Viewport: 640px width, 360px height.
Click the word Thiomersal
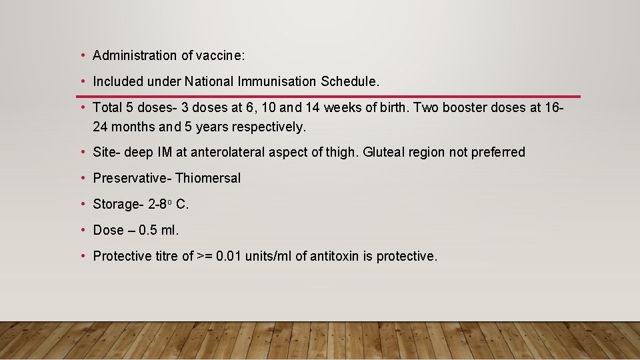click(x=208, y=178)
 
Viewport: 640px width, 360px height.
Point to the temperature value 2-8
click(x=160, y=204)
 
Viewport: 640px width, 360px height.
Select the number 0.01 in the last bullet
click(x=229, y=256)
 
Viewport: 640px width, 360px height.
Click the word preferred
click(x=498, y=152)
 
